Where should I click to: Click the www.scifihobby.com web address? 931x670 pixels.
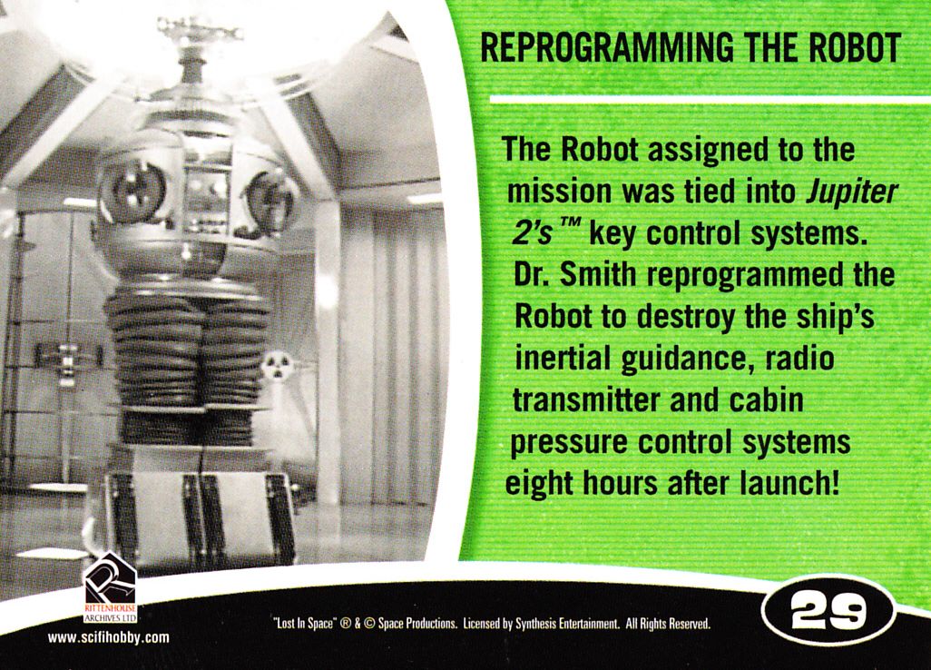(x=108, y=638)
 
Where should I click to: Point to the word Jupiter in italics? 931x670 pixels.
(x=850, y=191)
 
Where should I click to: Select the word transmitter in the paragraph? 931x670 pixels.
(x=586, y=400)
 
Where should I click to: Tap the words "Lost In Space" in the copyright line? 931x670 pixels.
(x=305, y=625)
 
